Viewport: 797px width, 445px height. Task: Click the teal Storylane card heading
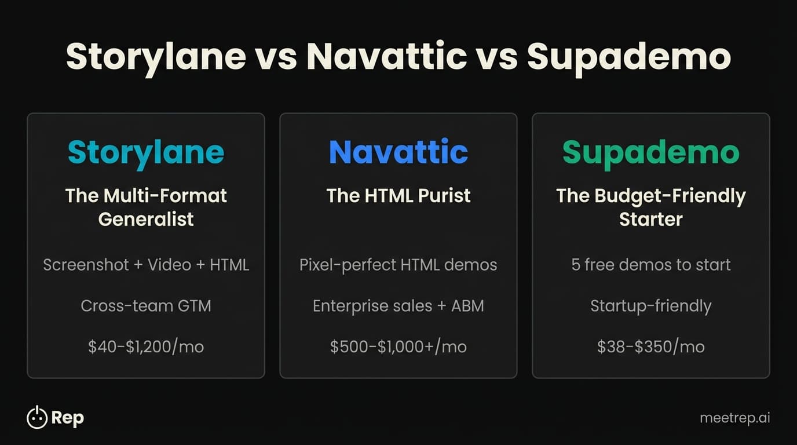(x=146, y=152)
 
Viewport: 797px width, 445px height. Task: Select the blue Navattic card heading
(x=398, y=152)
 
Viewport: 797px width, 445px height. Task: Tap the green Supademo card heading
(x=651, y=152)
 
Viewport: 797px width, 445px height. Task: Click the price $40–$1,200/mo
(x=146, y=346)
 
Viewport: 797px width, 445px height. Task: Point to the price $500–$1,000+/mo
(x=398, y=346)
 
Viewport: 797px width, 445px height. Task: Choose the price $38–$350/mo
(x=651, y=346)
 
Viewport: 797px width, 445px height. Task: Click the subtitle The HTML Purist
(x=398, y=195)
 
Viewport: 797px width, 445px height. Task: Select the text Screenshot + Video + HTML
(x=146, y=265)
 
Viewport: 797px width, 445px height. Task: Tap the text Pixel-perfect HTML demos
(x=398, y=265)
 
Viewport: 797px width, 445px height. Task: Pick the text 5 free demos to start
(x=651, y=265)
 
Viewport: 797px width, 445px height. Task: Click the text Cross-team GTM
(x=146, y=305)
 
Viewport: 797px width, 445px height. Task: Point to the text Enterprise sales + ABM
(x=398, y=305)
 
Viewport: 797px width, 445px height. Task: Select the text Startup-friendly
(x=651, y=305)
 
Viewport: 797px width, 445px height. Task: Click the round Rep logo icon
(x=37, y=417)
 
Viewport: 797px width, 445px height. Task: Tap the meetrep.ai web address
(x=735, y=417)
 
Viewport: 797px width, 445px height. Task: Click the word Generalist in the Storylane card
(x=146, y=219)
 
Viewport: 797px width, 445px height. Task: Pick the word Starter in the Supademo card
(x=651, y=219)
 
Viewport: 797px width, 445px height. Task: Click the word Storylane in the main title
(x=156, y=57)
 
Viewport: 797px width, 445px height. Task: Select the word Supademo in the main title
(x=629, y=57)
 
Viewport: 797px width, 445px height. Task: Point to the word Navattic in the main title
(x=386, y=57)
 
